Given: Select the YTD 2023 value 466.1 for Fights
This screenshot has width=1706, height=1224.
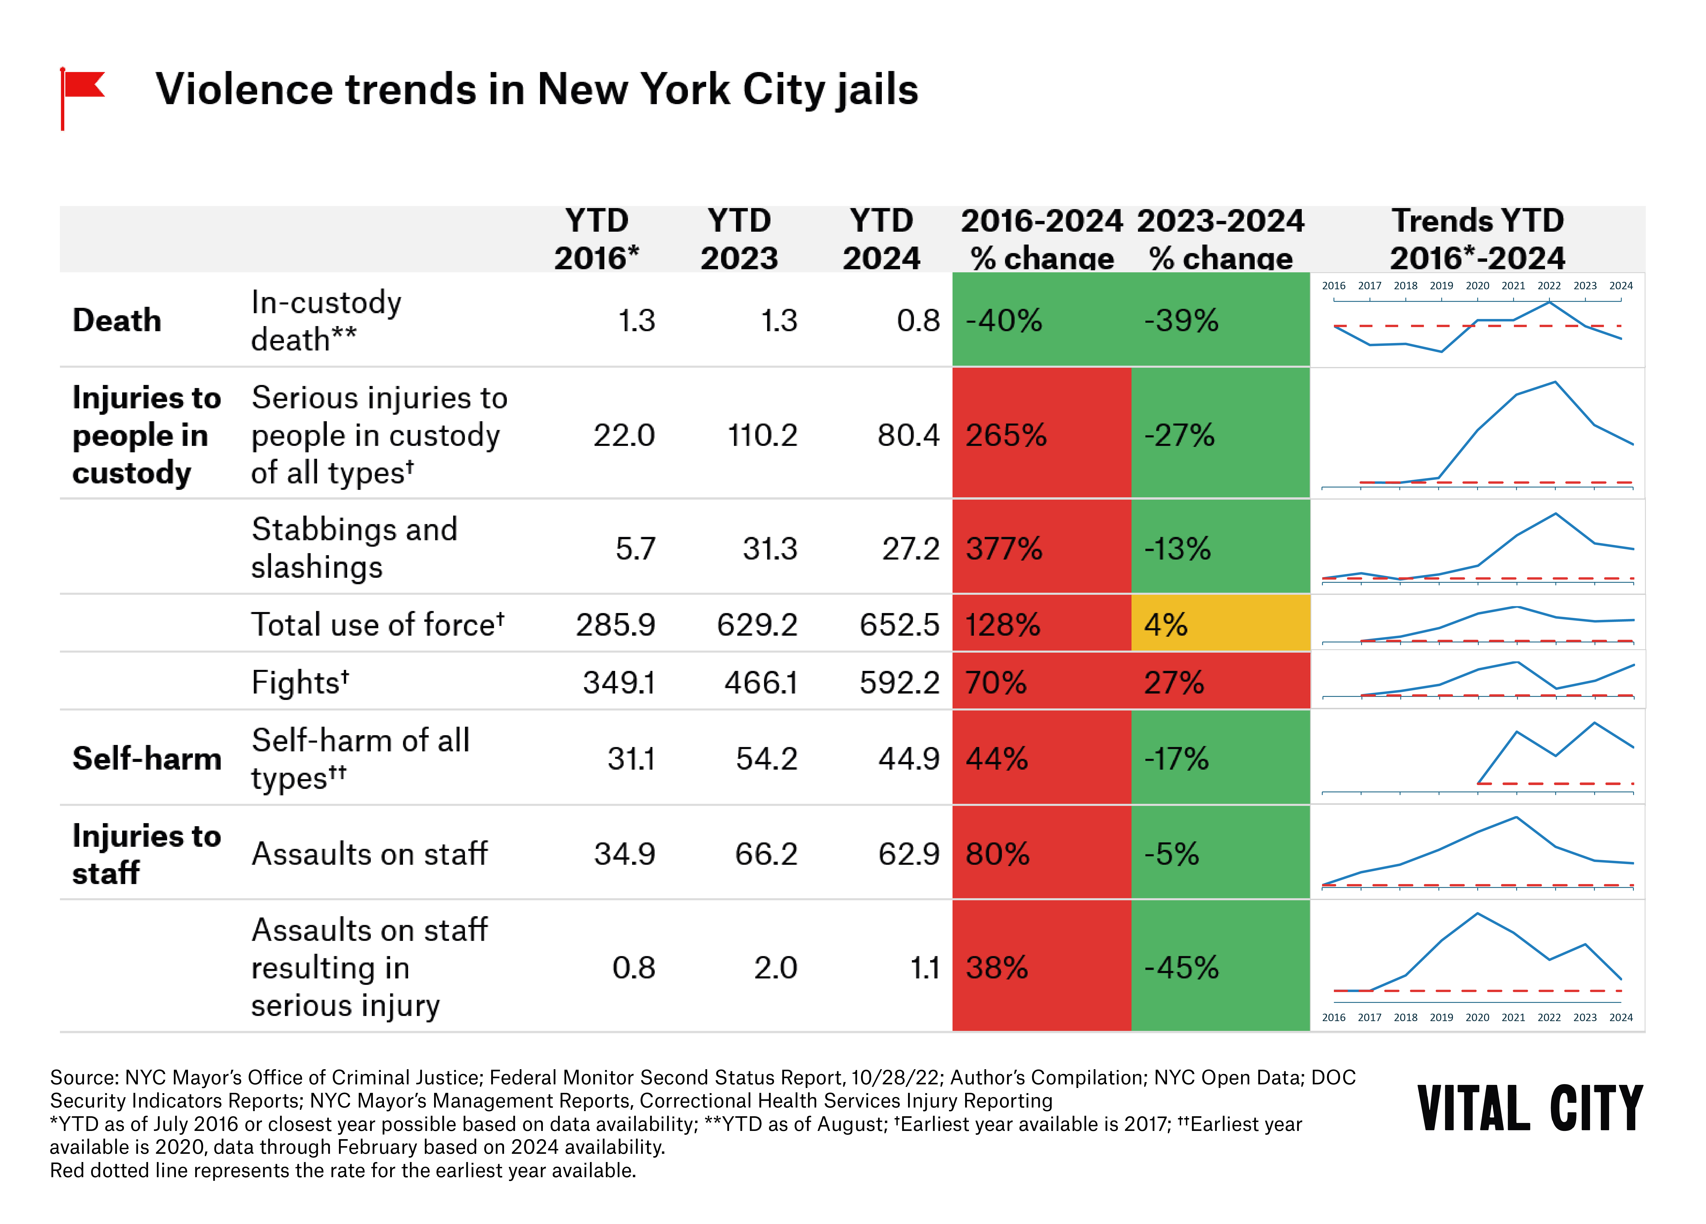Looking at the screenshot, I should [760, 682].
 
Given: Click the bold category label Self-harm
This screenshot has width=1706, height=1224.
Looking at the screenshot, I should [147, 758].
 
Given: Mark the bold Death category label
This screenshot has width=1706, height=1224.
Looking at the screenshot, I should [116, 320].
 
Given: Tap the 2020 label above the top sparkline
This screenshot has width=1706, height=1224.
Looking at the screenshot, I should [1477, 286].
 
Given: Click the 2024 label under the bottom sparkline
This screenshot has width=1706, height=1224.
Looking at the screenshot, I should [1621, 1017].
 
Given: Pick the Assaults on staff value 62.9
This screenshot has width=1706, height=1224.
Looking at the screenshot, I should [909, 854].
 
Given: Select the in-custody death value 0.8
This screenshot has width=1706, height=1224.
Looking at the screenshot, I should [918, 320].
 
